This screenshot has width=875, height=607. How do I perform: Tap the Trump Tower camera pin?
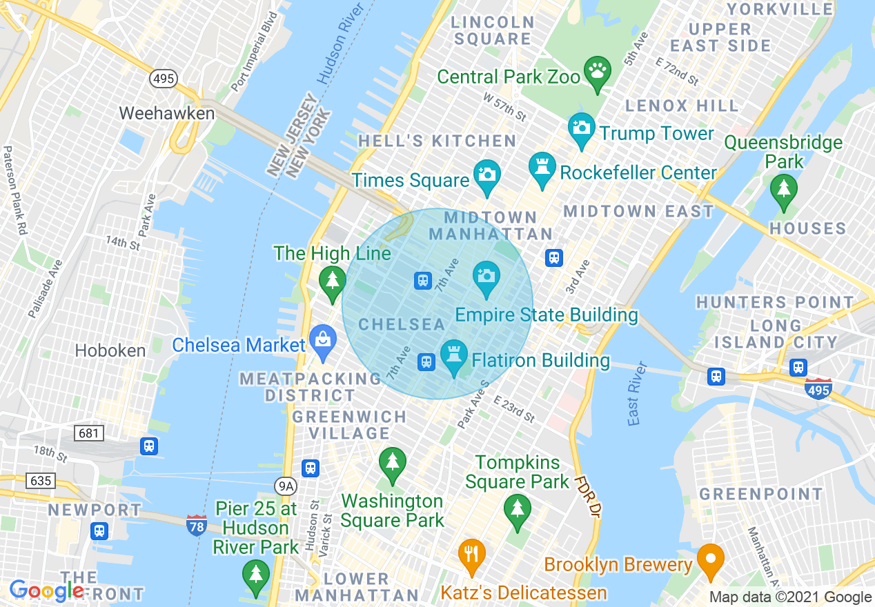pyautogui.click(x=582, y=128)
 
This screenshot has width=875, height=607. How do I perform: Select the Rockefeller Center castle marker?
pyautogui.click(x=542, y=168)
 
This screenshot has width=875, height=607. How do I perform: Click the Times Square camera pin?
pyautogui.click(x=486, y=175)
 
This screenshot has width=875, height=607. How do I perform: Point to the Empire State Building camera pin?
pyautogui.click(x=486, y=277)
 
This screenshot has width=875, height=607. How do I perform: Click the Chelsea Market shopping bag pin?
pyautogui.click(x=322, y=340)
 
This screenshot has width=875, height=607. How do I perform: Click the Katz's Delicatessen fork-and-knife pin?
pyautogui.click(x=472, y=554)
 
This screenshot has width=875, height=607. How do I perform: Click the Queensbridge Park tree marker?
pyautogui.click(x=783, y=188)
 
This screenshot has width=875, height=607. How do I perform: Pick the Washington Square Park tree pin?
pyautogui.click(x=392, y=461)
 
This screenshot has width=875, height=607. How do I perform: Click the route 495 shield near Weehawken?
pyautogui.click(x=164, y=79)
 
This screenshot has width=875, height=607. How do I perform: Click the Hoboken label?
pyautogui.click(x=110, y=350)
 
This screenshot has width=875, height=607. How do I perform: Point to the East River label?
pyautogui.click(x=637, y=393)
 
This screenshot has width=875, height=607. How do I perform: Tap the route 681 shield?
pyautogui.click(x=89, y=433)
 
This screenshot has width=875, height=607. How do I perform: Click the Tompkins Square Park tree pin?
pyautogui.click(x=517, y=510)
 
